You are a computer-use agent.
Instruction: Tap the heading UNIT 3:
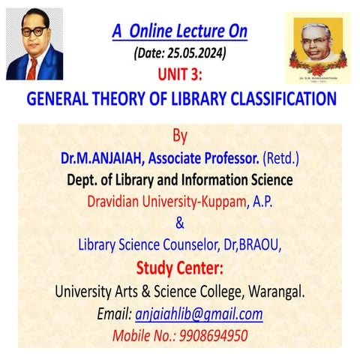180,74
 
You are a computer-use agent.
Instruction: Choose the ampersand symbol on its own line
179,223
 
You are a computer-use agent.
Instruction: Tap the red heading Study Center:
180,268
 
